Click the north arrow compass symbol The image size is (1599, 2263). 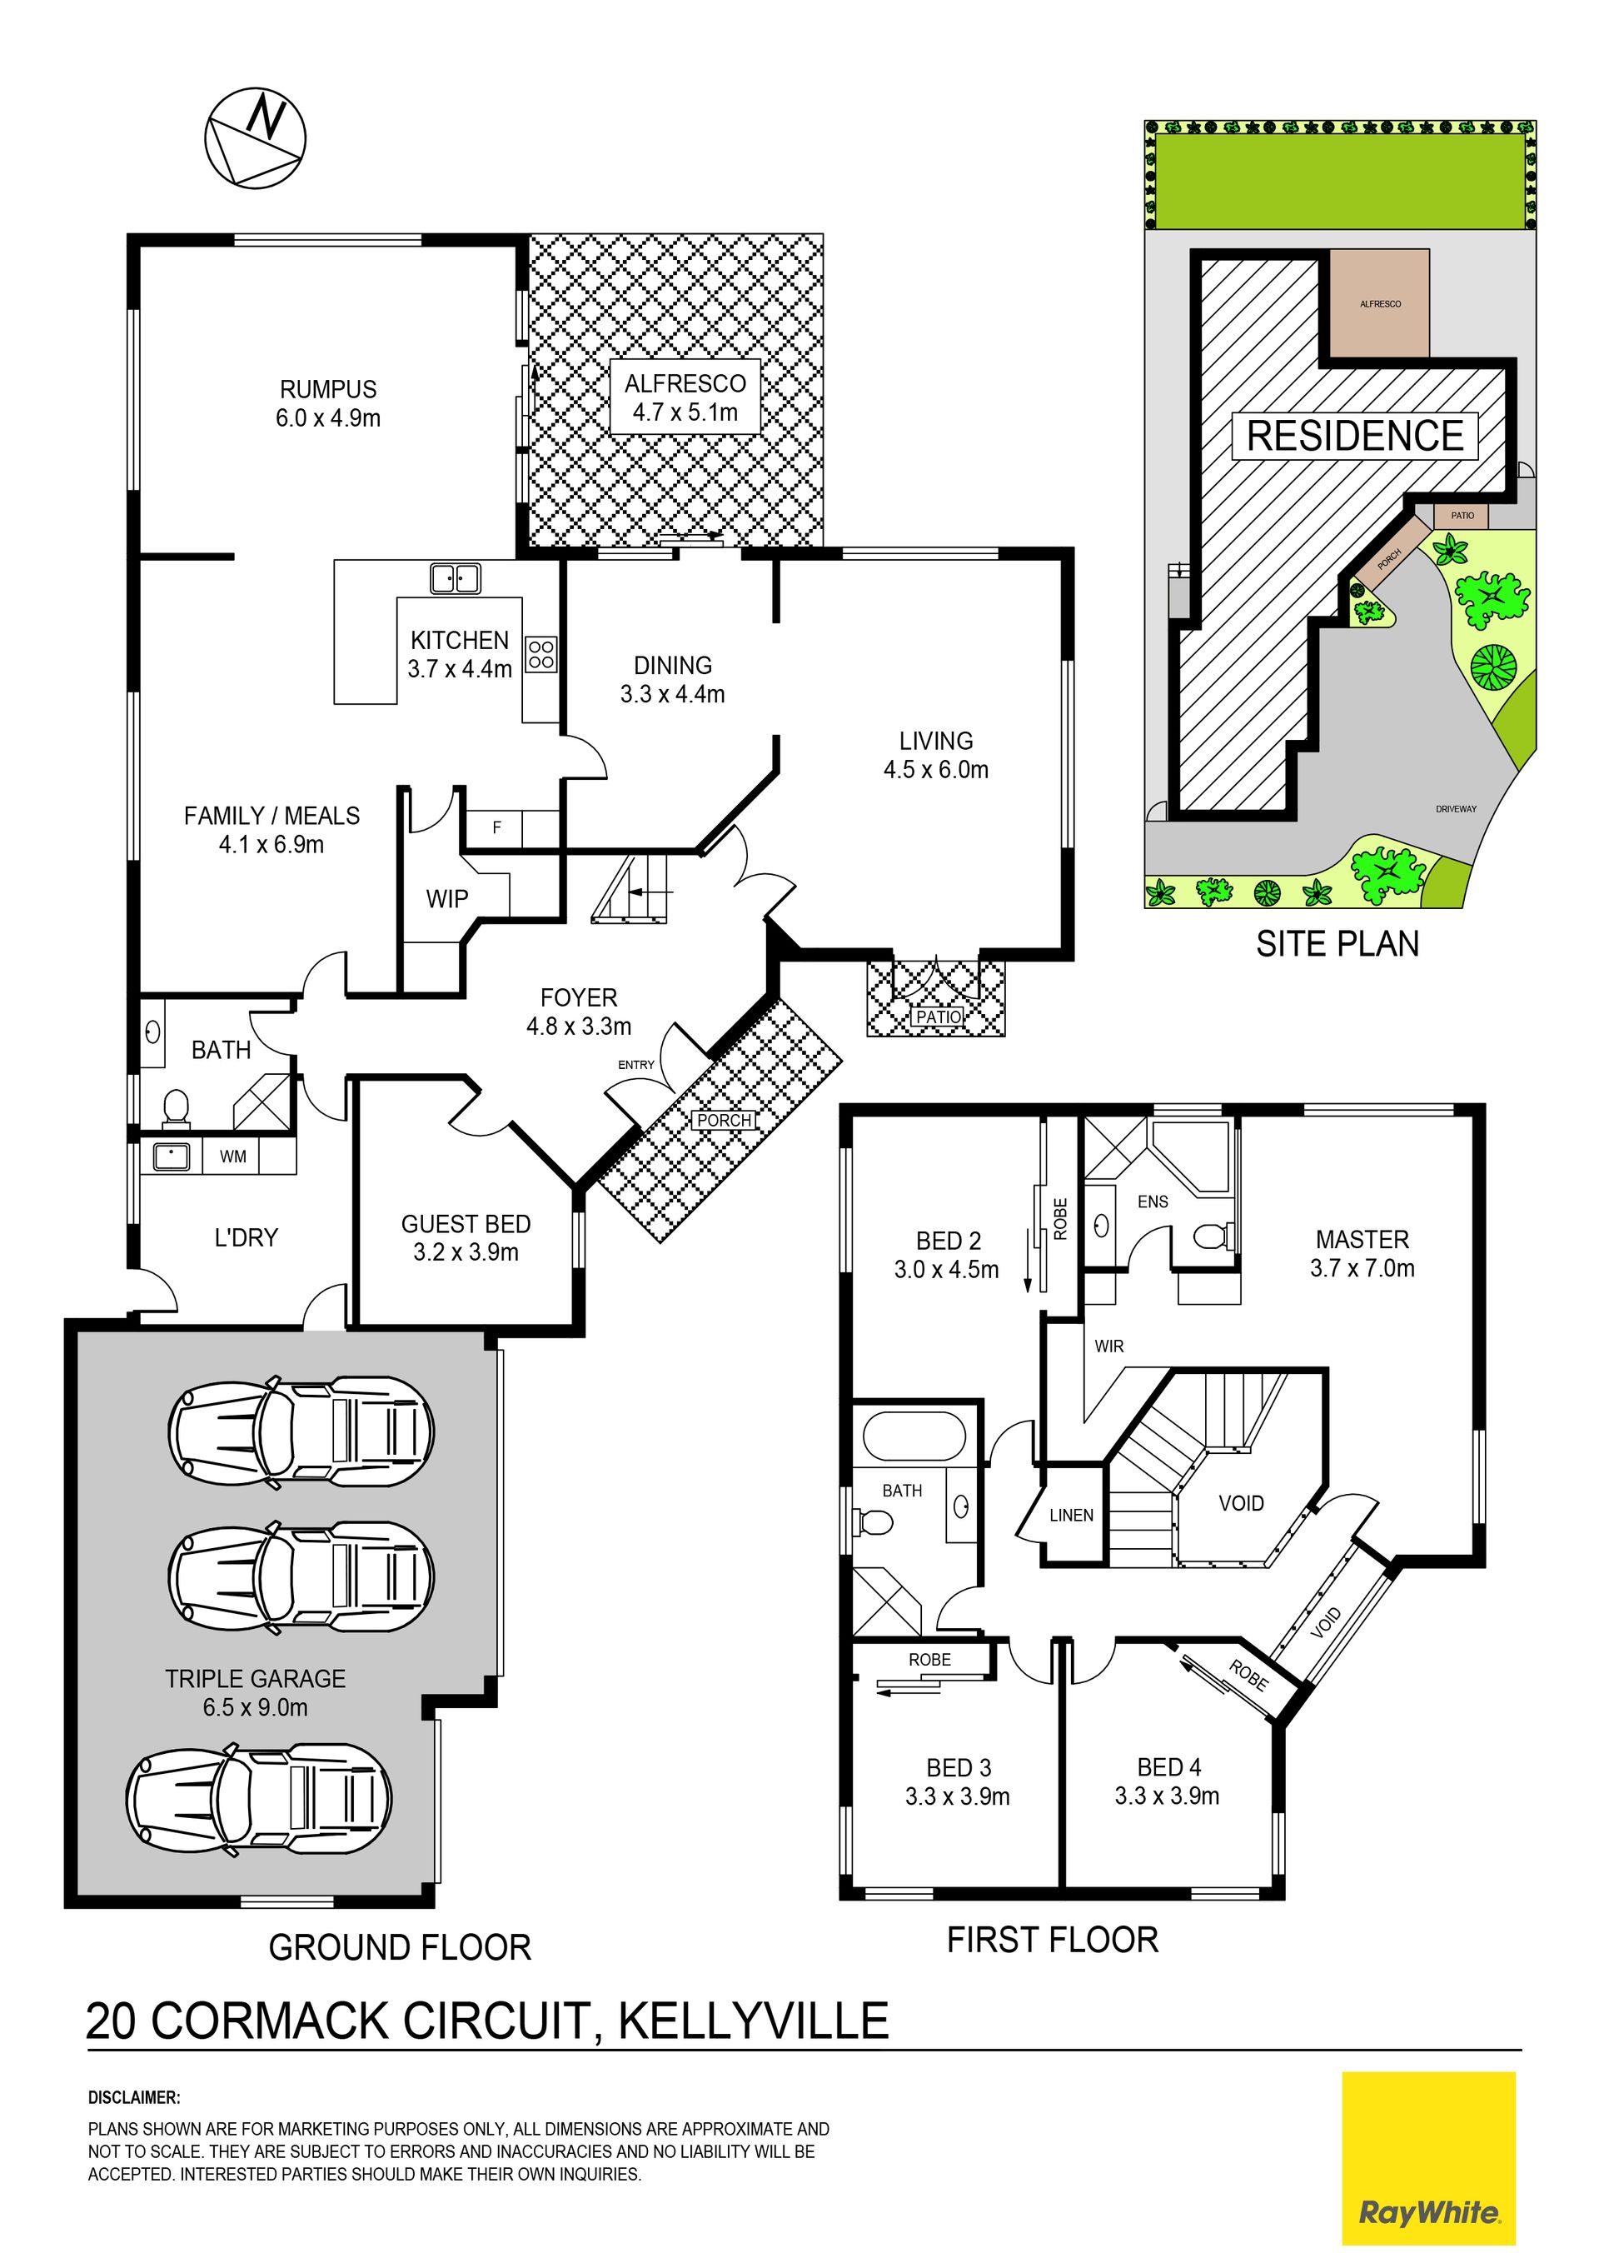point(255,136)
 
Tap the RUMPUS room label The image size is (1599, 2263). point(328,389)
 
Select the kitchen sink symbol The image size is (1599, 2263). point(456,578)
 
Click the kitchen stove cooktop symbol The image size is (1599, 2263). point(540,653)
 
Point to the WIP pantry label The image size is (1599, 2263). point(447,899)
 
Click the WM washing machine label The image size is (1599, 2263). point(233,1156)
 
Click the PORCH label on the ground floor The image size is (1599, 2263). point(725,1121)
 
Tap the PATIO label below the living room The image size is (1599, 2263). point(938,1017)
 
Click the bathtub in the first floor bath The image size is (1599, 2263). point(914,1436)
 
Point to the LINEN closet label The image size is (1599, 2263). point(1071,1515)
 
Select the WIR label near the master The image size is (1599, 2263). point(1108,1346)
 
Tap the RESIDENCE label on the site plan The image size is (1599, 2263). point(1356,436)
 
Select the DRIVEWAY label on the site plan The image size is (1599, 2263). point(1456,809)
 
